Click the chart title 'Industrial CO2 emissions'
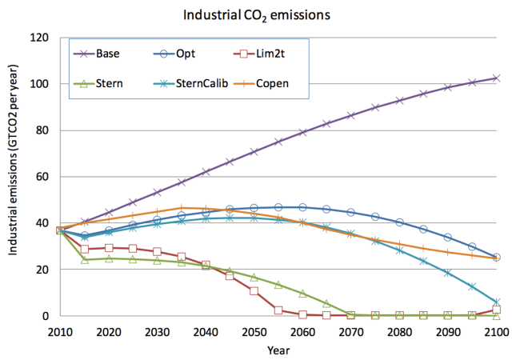pos(255,15)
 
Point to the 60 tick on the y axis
pos(41,177)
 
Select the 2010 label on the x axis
pos(61,331)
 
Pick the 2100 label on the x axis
pos(496,331)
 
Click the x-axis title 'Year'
pos(278,349)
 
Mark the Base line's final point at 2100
pos(496,78)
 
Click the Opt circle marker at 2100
pos(496,258)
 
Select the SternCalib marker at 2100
pos(496,302)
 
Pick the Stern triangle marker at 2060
pos(302,294)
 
